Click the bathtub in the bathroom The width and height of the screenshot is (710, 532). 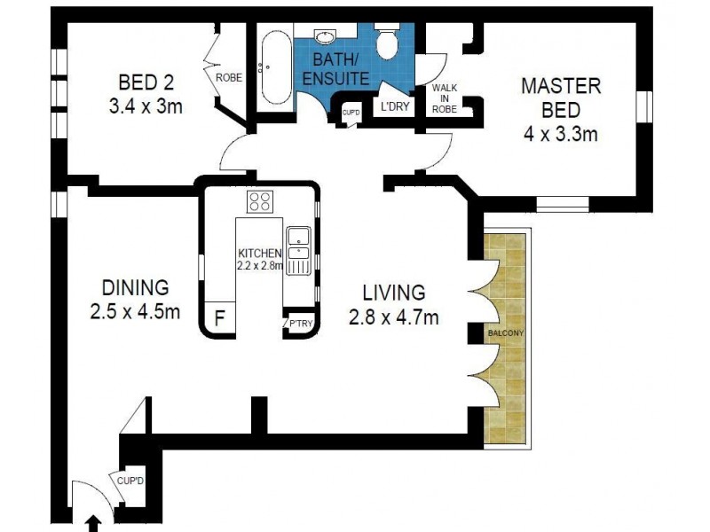coord(275,68)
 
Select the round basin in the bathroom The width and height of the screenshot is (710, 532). coord(325,36)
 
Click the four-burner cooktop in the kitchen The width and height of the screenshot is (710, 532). coord(260,201)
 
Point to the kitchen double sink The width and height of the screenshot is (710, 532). coord(298,251)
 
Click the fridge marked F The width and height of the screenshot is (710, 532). coord(219,318)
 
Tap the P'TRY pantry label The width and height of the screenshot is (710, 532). coord(301,324)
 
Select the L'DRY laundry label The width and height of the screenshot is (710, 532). coord(395,106)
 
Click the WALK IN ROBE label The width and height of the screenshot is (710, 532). coord(445,98)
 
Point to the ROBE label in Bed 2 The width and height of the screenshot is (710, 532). coord(229,78)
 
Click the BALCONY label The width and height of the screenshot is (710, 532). coord(506,333)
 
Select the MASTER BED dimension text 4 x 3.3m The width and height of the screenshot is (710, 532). coord(561,134)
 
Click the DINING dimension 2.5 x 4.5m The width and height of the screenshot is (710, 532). coord(135,312)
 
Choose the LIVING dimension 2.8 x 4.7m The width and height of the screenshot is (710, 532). coord(394,317)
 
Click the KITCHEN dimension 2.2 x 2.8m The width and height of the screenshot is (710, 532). coord(260,265)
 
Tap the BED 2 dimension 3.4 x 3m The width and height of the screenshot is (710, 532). coord(146,106)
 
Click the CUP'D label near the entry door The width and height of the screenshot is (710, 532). coord(130,481)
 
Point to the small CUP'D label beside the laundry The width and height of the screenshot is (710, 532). coord(351,112)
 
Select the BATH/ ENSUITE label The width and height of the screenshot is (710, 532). coord(336,69)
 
